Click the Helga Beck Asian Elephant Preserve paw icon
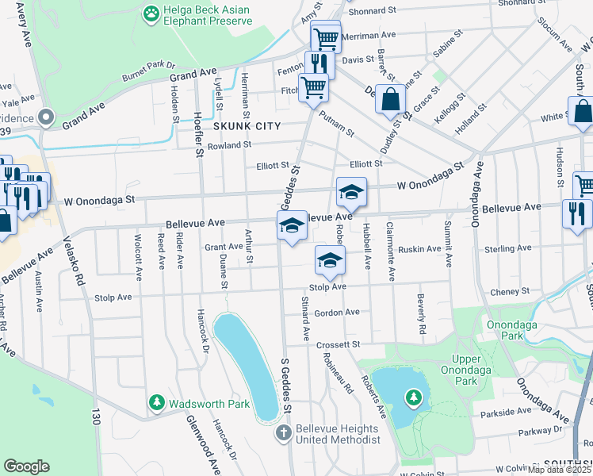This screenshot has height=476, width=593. click(x=151, y=13)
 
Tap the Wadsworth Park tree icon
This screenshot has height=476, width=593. click(x=157, y=404)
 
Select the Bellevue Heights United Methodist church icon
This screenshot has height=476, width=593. click(x=284, y=433)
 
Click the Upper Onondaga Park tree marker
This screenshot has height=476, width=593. click(x=412, y=397)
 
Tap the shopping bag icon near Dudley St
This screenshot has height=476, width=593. click(x=391, y=101)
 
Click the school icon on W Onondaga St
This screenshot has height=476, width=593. click(x=351, y=192)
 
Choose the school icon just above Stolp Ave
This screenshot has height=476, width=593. click(x=331, y=259)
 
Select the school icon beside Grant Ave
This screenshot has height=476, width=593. click(x=292, y=226)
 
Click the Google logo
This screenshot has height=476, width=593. click(x=27, y=466)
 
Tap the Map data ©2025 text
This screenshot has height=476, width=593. click(x=559, y=470)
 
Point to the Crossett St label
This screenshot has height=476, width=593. click(x=339, y=345)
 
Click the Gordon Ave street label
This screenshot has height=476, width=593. click(x=337, y=313)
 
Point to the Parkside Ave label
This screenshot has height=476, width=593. click(x=504, y=413)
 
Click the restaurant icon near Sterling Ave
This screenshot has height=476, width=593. click(x=576, y=213)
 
